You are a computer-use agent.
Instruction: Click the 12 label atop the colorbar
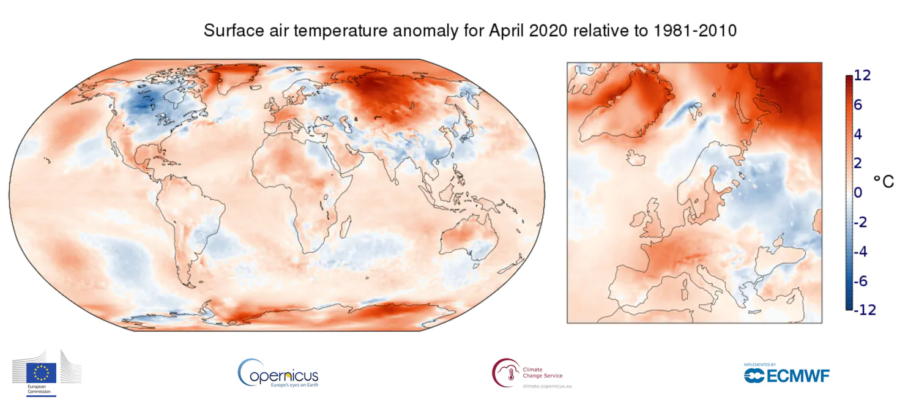click(862, 75)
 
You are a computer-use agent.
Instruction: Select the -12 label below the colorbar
click(865, 310)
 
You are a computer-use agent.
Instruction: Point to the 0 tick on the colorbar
click(858, 193)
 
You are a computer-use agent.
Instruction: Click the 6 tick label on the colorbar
click(858, 105)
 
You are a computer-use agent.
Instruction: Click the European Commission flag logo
click(42, 372)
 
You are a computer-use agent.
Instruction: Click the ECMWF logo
click(786, 375)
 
